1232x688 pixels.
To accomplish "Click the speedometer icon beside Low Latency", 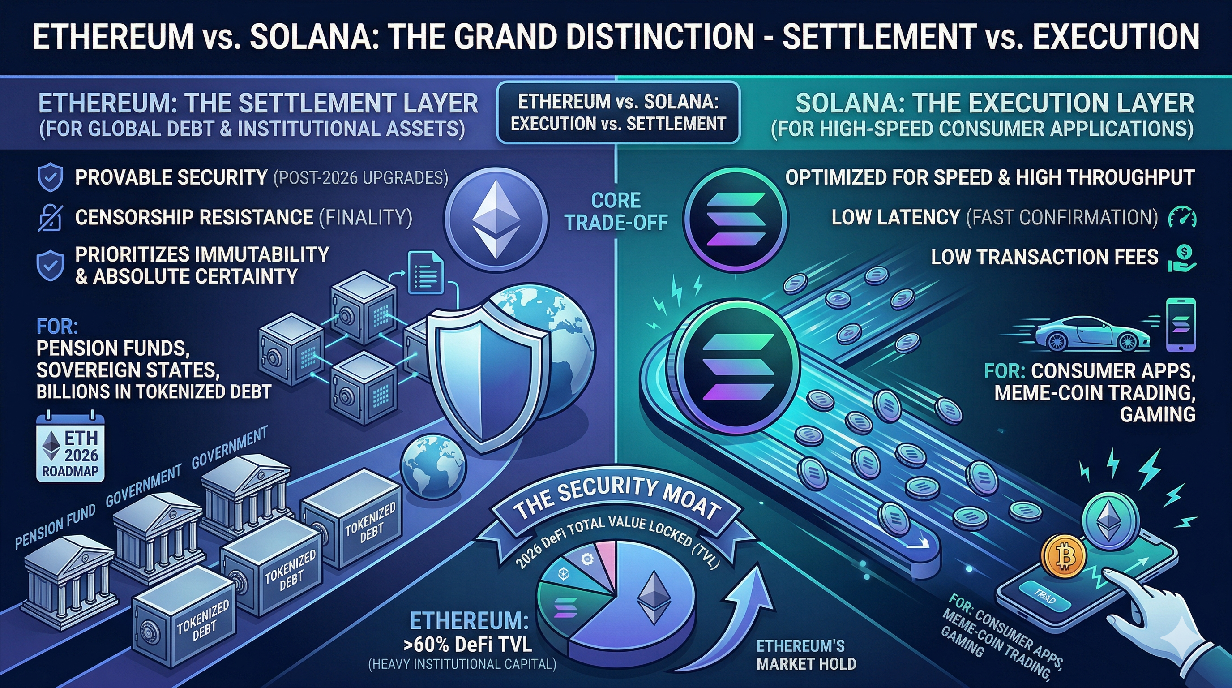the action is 1182,217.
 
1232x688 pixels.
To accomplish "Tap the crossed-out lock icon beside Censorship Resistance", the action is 50,218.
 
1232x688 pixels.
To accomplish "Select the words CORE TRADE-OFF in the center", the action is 616,211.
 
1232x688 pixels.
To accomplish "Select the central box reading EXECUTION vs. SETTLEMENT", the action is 618,113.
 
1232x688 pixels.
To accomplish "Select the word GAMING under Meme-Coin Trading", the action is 1157,414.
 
